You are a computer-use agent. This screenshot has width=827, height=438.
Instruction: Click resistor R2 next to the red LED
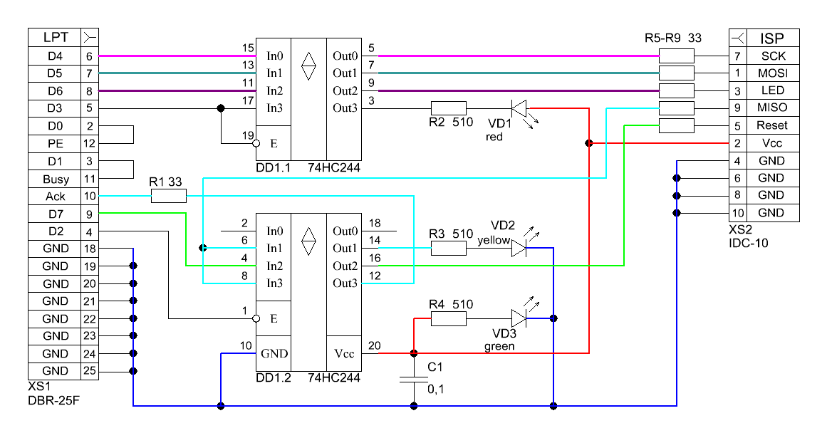click(x=448, y=108)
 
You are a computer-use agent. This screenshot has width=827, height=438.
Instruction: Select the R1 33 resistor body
click(x=168, y=195)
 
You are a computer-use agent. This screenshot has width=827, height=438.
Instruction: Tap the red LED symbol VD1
click(x=519, y=108)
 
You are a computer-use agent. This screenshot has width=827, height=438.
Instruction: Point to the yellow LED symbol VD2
click(x=519, y=247)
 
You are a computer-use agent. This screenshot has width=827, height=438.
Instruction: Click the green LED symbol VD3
click(x=519, y=318)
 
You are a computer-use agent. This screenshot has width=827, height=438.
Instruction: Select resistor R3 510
click(x=448, y=247)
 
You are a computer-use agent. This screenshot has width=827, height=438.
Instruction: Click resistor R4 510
click(x=448, y=318)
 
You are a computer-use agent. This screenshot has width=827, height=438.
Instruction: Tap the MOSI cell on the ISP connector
click(x=773, y=73)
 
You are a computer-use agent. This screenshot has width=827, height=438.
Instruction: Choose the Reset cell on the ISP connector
click(x=773, y=125)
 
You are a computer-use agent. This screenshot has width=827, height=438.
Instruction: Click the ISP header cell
click(x=773, y=38)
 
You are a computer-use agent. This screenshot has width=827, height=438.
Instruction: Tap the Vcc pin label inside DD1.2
click(x=343, y=353)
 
